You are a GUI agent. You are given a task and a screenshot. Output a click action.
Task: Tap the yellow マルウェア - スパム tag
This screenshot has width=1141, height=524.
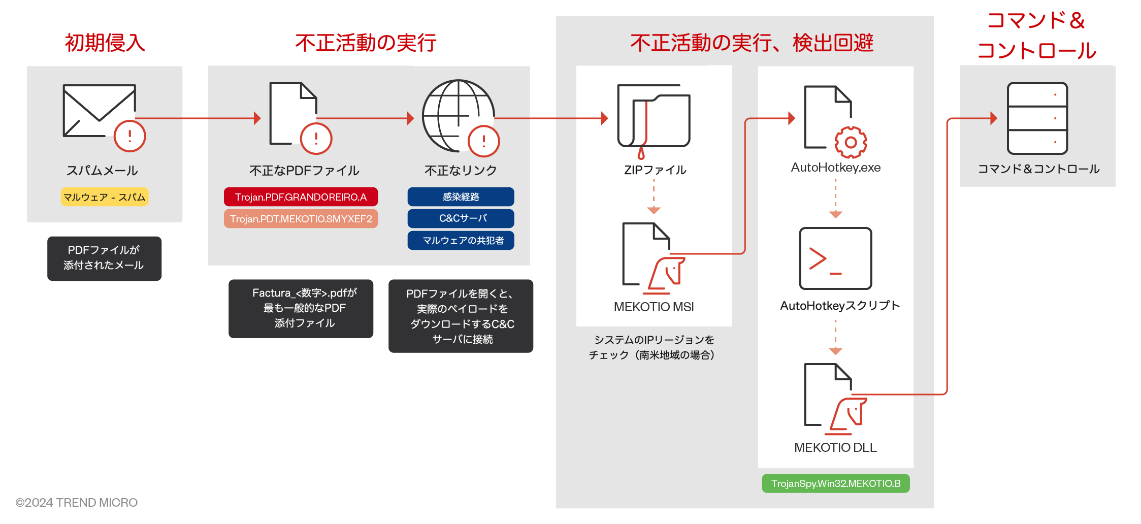click(105, 197)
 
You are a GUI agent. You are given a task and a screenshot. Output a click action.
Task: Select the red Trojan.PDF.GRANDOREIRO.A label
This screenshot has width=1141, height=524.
click(301, 197)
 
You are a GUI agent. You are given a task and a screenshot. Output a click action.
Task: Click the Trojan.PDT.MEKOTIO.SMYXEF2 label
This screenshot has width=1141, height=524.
click(301, 219)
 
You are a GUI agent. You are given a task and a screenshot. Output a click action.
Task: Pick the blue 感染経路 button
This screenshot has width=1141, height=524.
click(461, 197)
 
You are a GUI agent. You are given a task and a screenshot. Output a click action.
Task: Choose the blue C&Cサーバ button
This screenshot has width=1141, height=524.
click(461, 218)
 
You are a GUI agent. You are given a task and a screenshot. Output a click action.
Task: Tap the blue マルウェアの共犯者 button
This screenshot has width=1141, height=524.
click(461, 240)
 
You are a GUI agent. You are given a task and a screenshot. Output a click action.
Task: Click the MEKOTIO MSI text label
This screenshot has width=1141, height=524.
click(654, 307)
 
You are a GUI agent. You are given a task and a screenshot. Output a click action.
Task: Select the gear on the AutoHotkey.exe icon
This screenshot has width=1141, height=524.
click(851, 142)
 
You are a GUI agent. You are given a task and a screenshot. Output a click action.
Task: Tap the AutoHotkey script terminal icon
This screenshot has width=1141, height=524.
click(835, 258)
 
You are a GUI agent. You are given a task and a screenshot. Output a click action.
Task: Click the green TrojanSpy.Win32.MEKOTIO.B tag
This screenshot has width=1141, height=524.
click(835, 483)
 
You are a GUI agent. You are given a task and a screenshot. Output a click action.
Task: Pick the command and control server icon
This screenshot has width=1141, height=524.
click(1037, 118)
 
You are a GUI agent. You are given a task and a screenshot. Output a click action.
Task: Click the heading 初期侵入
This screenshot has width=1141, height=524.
click(105, 43)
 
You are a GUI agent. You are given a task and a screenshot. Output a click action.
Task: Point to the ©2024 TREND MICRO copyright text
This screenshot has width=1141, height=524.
click(77, 503)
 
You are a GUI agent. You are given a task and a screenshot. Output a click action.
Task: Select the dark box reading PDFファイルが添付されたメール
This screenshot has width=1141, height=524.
click(104, 258)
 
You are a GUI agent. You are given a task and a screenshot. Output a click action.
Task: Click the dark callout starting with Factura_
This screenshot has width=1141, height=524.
click(301, 308)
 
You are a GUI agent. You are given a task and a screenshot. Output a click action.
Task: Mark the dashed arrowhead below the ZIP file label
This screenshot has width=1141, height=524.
click(654, 210)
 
